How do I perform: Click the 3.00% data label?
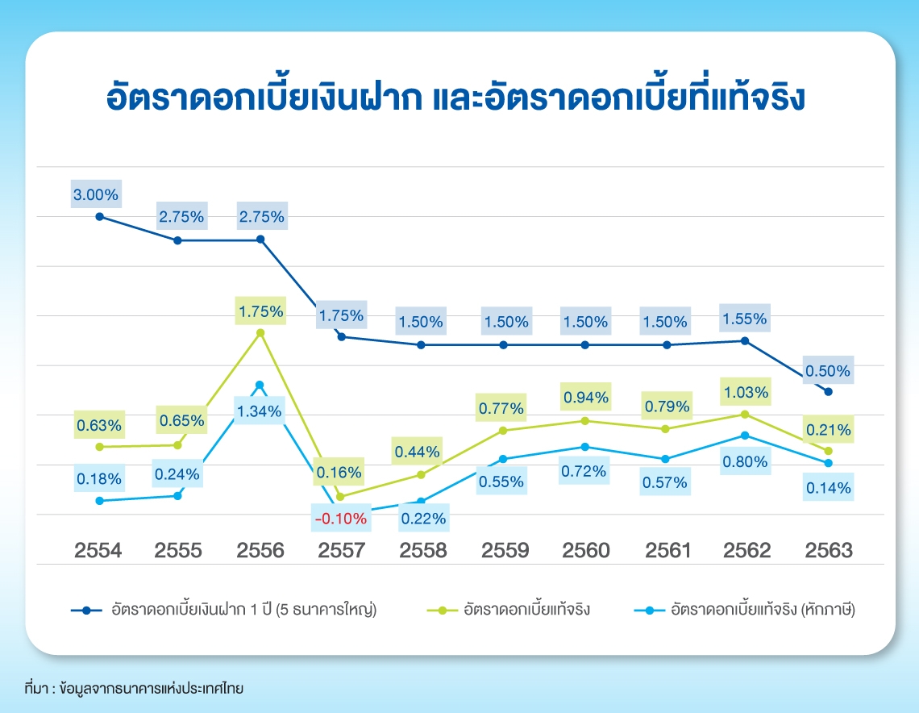coord(96,194)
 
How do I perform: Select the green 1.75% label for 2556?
coord(260,311)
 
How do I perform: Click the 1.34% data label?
coord(260,411)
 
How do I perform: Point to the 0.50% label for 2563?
coord(828,371)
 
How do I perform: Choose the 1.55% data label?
coord(745,319)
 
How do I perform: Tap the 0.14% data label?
coord(829,488)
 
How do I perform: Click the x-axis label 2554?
coord(98,551)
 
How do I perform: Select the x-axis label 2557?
coord(342,551)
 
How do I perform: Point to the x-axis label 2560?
coord(585,551)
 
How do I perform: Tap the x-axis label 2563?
coord(829,551)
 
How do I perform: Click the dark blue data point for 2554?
coord(99,216)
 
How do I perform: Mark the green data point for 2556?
coord(260,332)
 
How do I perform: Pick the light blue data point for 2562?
coord(745,436)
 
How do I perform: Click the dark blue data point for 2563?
coord(828,392)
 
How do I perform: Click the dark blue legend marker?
coord(87,610)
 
